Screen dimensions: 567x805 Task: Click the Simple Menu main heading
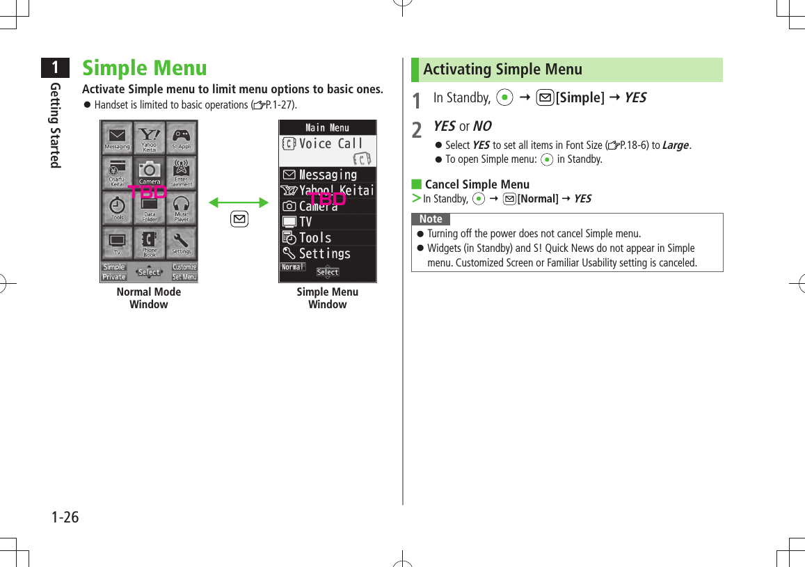145,68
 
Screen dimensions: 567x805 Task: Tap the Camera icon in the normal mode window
149,170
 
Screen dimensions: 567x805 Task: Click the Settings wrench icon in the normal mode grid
182,241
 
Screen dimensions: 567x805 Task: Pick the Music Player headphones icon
182,206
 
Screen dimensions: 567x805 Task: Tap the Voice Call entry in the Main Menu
328,144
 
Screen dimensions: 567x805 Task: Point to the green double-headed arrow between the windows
239,202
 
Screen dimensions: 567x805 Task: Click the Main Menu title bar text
328,127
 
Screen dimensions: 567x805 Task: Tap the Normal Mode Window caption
149,298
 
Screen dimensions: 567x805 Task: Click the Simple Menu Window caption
328,298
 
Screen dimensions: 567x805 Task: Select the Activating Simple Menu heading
502,70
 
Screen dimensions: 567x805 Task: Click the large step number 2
416,129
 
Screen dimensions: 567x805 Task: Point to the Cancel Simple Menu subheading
477,184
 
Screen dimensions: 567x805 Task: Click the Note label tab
431,219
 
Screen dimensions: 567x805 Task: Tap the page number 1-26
65,518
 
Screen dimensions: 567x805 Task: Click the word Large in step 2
676,145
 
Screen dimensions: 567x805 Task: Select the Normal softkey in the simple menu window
293,267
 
